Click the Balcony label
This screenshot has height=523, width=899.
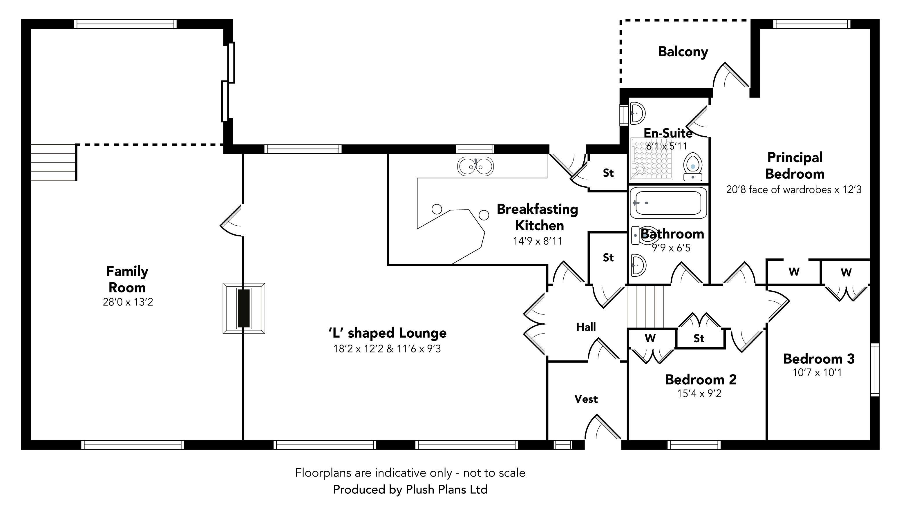683,52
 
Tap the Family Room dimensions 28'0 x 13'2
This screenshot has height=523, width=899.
128,302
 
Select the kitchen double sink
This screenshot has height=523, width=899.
475,167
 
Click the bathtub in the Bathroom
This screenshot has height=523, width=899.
668,203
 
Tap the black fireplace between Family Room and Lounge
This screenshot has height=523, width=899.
244,308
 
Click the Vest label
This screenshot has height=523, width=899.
586,399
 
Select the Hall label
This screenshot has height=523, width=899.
586,327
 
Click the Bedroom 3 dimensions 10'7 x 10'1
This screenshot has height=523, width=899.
817,373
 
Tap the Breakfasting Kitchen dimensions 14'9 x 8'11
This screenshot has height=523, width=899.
537,241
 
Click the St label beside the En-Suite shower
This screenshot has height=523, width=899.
608,173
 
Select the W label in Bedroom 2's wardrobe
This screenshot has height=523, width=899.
650,338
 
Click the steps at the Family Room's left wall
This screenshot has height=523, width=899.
53,162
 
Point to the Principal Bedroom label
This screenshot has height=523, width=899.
795,166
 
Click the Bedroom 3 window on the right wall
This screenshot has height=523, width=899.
875,370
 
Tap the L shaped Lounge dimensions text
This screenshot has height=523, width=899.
387,349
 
